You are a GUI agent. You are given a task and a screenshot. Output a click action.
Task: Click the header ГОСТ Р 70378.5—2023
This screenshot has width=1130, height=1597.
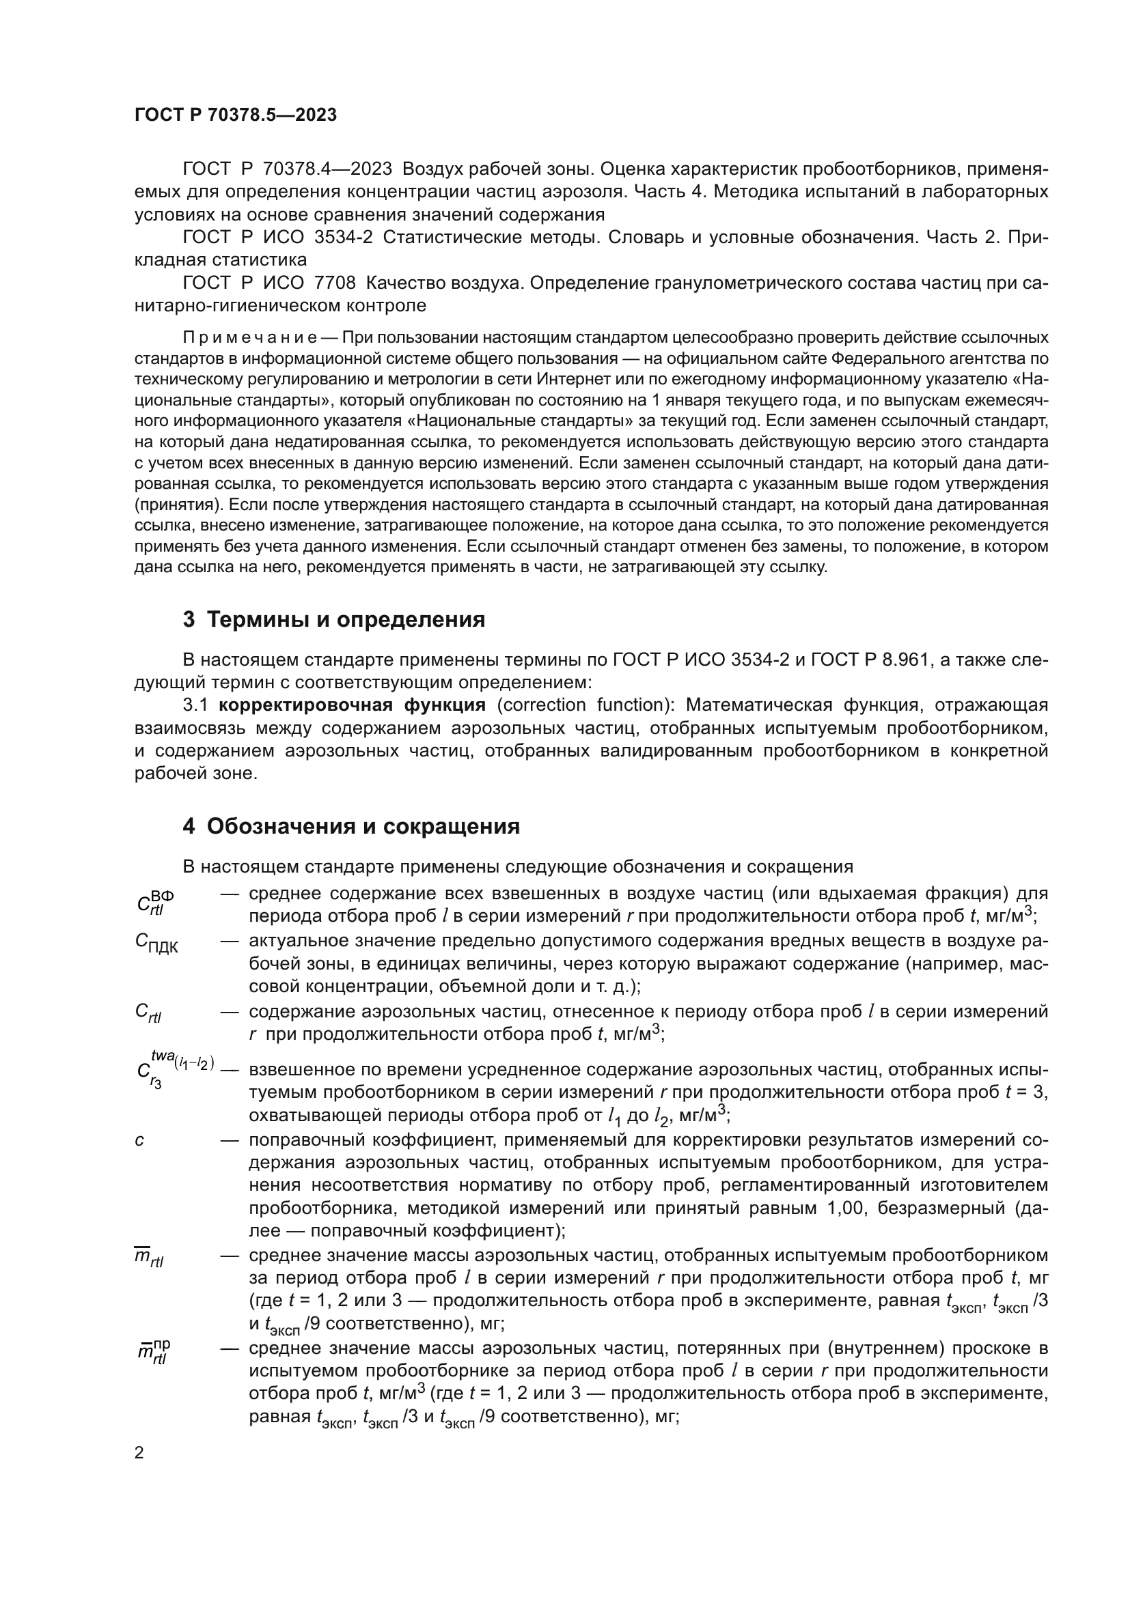coord(235,115)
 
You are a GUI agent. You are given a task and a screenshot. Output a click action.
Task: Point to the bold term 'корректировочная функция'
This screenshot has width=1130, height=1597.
coord(351,705)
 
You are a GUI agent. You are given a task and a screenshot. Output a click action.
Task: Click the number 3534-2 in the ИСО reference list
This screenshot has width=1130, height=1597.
coord(343,237)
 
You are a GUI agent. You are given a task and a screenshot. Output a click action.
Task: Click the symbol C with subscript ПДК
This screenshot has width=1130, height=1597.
coord(156,943)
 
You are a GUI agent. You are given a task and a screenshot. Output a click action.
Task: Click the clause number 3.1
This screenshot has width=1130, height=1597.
coord(196,705)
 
